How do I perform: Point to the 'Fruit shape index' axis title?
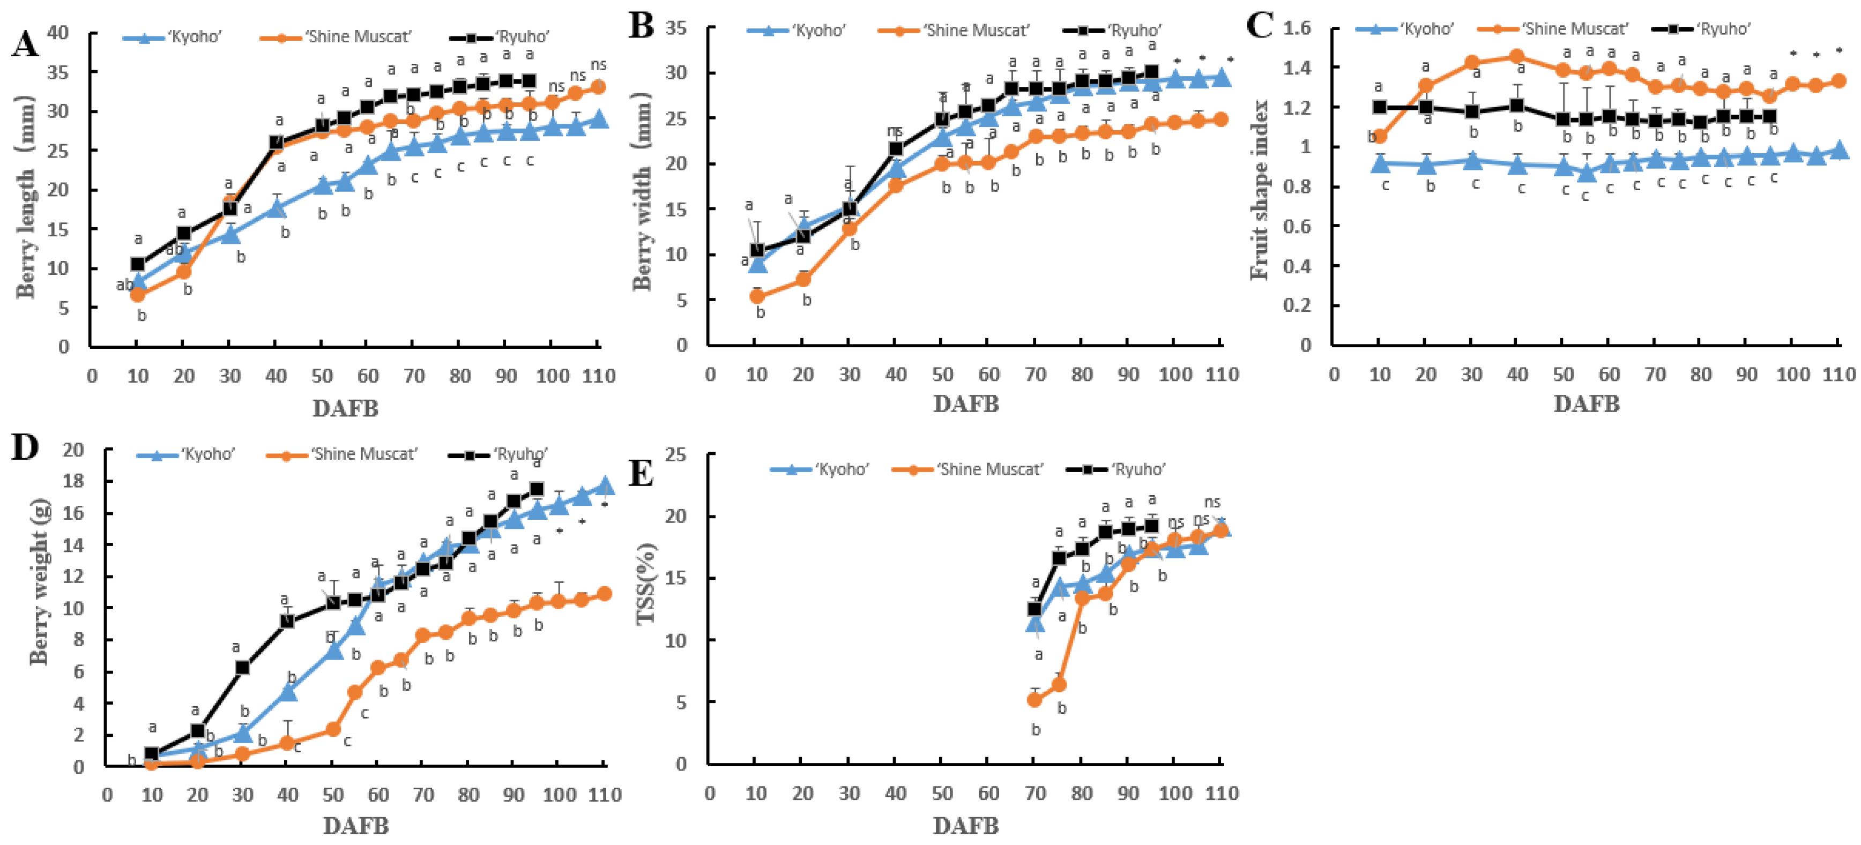(1260, 189)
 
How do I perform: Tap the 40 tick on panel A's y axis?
(58, 33)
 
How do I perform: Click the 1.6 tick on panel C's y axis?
(1297, 28)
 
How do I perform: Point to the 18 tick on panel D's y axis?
(73, 481)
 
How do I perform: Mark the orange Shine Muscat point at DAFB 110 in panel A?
(598, 87)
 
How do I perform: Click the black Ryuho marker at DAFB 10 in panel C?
(1380, 107)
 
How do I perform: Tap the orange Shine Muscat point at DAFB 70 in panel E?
(1034, 699)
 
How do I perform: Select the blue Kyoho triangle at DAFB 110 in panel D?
(605, 486)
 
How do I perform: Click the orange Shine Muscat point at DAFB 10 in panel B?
(757, 296)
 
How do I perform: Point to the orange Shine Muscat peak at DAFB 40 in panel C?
(1517, 56)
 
